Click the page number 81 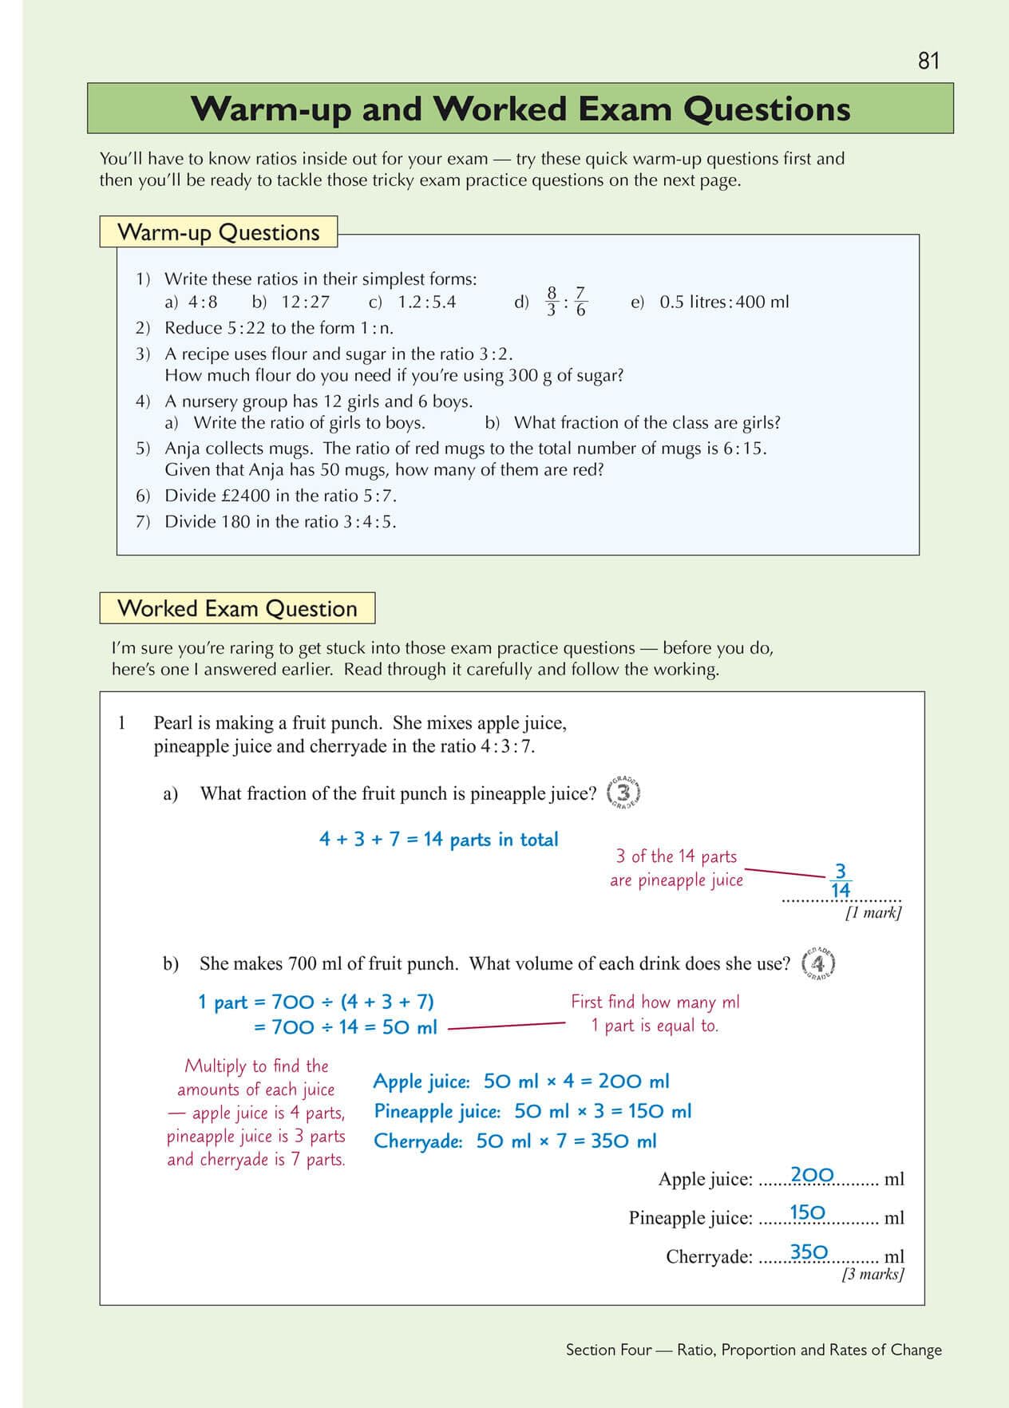point(928,61)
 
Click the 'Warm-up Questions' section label point(218,232)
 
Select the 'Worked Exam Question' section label point(237,608)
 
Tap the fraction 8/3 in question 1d point(552,302)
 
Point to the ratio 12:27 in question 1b point(305,302)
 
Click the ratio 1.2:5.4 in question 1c point(427,302)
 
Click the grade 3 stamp point(623,793)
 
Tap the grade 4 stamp point(818,964)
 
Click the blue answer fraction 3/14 point(840,880)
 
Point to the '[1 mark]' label point(873,913)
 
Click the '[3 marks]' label point(872,1274)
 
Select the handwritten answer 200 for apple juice point(812,1175)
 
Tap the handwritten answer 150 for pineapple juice point(807,1213)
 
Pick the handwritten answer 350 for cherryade point(809,1252)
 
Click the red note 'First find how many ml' point(655,1002)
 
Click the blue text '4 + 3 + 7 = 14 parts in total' point(438,840)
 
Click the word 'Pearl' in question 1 point(172,723)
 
